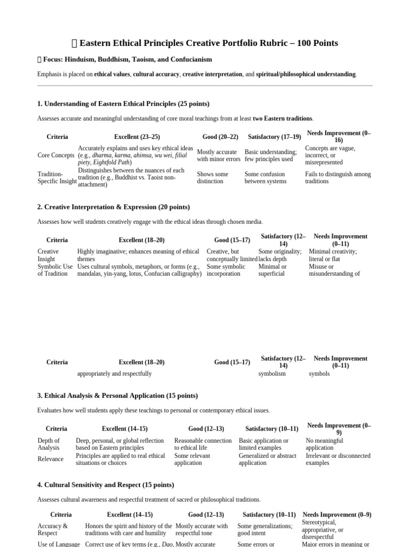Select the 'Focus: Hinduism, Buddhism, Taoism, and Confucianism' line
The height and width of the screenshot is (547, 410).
(x=128, y=59)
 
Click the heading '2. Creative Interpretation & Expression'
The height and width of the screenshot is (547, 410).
(x=114, y=207)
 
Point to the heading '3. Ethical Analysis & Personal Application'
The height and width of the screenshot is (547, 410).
(x=117, y=396)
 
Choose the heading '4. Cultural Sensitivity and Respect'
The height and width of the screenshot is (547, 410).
(x=106, y=485)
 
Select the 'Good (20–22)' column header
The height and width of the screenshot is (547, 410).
(x=220, y=137)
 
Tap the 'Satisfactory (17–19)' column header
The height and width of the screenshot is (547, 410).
(x=274, y=137)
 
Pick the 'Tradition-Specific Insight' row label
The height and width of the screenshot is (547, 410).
(x=57, y=177)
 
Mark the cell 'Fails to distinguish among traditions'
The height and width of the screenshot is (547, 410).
(x=337, y=177)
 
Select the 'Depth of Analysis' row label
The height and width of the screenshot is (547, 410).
(x=49, y=444)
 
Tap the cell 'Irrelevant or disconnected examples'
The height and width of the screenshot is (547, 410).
(x=337, y=459)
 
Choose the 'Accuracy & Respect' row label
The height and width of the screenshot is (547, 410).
(x=53, y=529)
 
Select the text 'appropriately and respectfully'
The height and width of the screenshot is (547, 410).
(x=114, y=374)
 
